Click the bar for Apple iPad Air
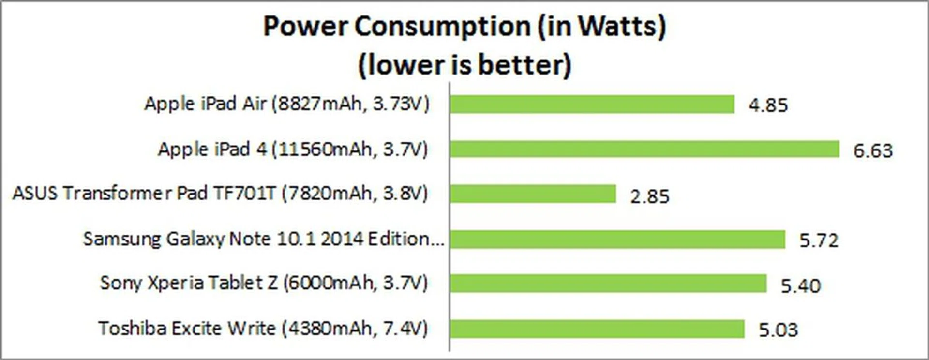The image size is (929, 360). pos(592,104)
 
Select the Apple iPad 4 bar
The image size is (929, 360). pos(644,149)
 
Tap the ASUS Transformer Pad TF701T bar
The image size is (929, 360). pos(533,194)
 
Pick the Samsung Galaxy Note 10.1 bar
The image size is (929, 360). pos(617,239)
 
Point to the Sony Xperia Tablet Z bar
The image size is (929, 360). pos(608,284)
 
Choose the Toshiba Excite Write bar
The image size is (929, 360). pos(597,329)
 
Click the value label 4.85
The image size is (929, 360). pos(768,105)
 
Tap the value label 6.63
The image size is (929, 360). pos(873,150)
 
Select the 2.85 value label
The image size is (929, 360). pos(650,196)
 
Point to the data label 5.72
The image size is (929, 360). pos(819,240)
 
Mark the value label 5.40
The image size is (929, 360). pos(801,285)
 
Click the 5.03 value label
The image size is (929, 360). pos(778,330)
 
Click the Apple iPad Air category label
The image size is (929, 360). pos(287,104)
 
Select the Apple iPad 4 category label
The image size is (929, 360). pos(293,149)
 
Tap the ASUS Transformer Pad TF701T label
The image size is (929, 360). pos(220,194)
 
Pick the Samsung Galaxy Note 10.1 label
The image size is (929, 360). pos(264,239)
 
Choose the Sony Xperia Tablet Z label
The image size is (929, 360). pos(264,283)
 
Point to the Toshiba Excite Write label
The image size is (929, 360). pos(263,329)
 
